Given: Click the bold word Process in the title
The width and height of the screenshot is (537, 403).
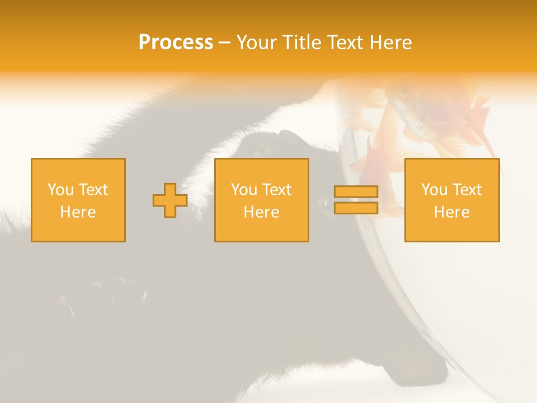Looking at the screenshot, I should coord(176,43).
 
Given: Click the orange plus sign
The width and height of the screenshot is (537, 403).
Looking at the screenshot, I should coord(170,200).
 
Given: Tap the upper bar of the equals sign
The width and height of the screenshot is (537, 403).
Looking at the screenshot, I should coord(356,192).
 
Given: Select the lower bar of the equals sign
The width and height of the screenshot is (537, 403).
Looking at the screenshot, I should coord(356,208).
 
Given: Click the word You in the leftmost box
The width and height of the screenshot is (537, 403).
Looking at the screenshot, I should coord(60,190).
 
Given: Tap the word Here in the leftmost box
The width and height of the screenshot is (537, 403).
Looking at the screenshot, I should coord(78,212).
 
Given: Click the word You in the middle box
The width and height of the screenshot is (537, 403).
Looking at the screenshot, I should coord(244,190).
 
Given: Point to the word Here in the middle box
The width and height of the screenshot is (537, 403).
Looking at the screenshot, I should coord(261,212).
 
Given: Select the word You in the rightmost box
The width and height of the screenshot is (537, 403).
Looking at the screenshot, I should coord(434,190).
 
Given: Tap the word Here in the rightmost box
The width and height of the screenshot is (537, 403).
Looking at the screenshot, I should coord(451,212).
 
